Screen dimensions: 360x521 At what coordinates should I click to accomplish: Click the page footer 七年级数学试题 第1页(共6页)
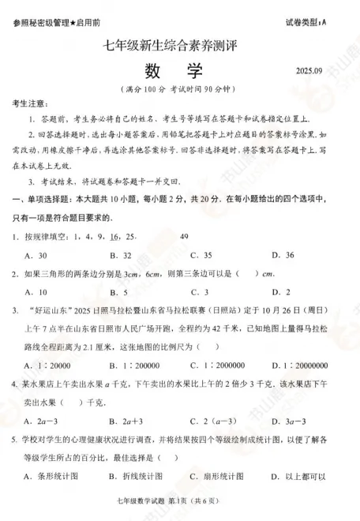click(x=180, y=514)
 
